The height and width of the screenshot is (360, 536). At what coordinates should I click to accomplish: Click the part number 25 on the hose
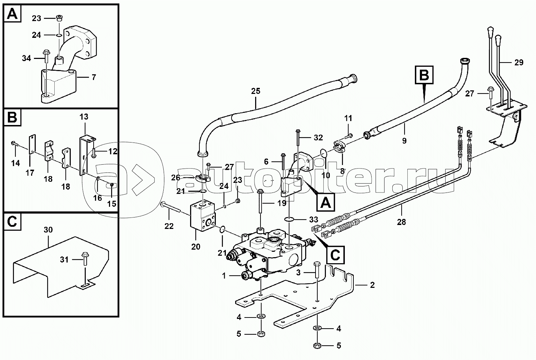pyautogui.click(x=255, y=91)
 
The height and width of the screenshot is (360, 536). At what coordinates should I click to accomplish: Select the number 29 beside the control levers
pyautogui.click(x=519, y=62)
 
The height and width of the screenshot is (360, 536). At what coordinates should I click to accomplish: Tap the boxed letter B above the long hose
pyautogui.click(x=424, y=75)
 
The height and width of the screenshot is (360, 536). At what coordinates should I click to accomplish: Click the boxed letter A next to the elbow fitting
pyautogui.click(x=326, y=202)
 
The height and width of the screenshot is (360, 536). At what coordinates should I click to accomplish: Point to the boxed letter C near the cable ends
pyautogui.click(x=335, y=255)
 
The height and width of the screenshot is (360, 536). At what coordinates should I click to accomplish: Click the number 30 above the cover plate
pyautogui.click(x=48, y=230)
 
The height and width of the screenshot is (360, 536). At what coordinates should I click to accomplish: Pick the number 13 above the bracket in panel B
pyautogui.click(x=84, y=117)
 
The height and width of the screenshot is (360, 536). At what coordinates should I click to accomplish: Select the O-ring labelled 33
pyautogui.click(x=289, y=219)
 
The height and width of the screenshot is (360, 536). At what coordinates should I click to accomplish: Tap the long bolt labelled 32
pyautogui.click(x=298, y=137)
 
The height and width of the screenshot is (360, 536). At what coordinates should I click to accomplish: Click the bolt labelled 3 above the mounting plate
pyautogui.click(x=317, y=270)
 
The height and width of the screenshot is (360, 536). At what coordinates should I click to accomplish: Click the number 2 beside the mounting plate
pyautogui.click(x=372, y=285)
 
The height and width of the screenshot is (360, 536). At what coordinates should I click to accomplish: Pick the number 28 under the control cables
pyautogui.click(x=401, y=222)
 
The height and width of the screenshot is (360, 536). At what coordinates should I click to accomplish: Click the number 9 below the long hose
pyautogui.click(x=404, y=141)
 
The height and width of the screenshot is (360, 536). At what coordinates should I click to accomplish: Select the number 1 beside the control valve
pyautogui.click(x=224, y=276)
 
